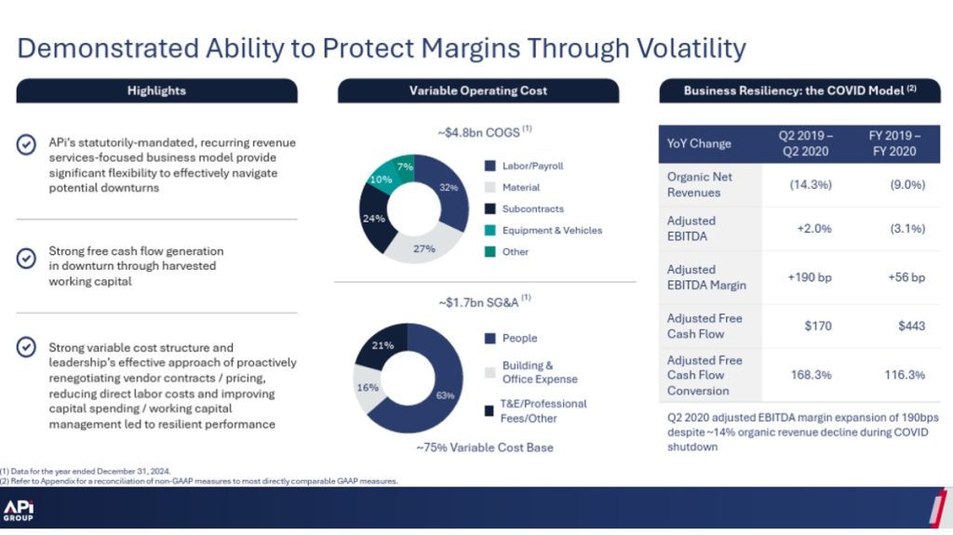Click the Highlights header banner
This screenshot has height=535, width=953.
(x=156, y=90)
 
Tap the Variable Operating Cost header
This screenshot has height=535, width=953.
(x=478, y=90)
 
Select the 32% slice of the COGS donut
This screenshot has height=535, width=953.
(x=450, y=190)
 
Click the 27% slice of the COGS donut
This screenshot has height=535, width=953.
(x=423, y=247)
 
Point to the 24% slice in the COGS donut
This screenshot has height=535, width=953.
(x=373, y=218)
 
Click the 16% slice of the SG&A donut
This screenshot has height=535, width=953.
(x=368, y=387)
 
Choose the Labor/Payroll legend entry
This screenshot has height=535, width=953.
(x=524, y=166)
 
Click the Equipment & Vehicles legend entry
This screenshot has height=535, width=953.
(x=544, y=231)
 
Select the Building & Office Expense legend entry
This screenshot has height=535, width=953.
(x=531, y=372)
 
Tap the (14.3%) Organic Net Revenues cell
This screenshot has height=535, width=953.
(x=811, y=184)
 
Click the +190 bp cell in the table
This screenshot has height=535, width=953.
(x=810, y=277)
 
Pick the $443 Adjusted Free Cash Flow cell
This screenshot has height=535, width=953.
(x=912, y=326)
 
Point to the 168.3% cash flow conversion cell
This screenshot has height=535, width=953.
(x=811, y=374)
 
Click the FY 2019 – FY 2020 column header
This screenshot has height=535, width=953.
(x=894, y=143)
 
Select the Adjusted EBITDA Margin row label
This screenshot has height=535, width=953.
(x=706, y=277)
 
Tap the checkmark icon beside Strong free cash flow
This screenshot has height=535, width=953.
(x=26, y=259)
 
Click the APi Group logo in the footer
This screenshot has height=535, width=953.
(x=19, y=511)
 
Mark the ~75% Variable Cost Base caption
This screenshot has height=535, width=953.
(x=485, y=448)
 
